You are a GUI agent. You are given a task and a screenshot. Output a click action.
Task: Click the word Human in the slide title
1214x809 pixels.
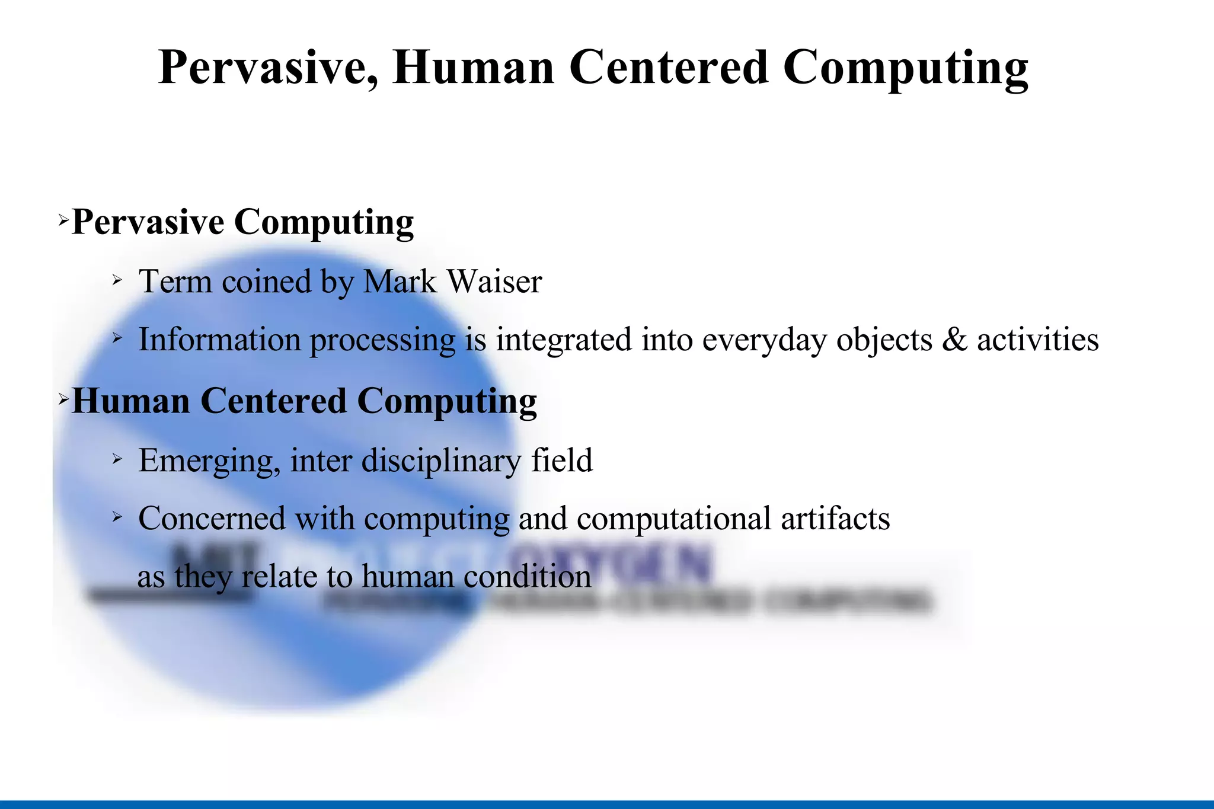pyautogui.click(x=473, y=68)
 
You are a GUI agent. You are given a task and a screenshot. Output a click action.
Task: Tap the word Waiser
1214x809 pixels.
pyautogui.click(x=495, y=282)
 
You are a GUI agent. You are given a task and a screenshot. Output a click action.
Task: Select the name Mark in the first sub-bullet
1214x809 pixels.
pyautogui.click(x=400, y=282)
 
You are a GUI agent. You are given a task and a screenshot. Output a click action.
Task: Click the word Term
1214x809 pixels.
pyautogui.click(x=175, y=282)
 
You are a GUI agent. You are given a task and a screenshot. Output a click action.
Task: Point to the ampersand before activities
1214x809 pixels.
pyautogui.click(x=954, y=340)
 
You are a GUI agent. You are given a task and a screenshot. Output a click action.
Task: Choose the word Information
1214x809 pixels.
pyautogui.click(x=219, y=340)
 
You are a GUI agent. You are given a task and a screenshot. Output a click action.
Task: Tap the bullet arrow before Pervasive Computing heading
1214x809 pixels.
pyautogui.click(x=63, y=222)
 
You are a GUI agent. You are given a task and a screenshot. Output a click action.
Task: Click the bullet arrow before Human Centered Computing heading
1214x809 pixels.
pyautogui.click(x=63, y=401)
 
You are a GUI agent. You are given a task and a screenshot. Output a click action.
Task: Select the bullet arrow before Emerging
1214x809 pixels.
pyautogui.click(x=117, y=458)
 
